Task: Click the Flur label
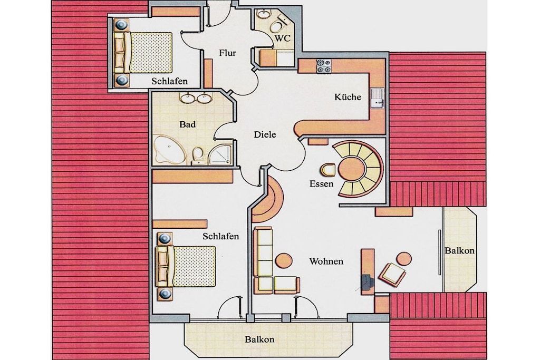tap(227, 53)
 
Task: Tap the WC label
tap(283, 38)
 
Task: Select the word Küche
tap(348, 97)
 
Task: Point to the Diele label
tap(265, 134)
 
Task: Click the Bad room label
tap(187, 124)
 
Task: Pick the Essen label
tap(321, 184)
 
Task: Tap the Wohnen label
tap(326, 261)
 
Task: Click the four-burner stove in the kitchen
tap(324, 66)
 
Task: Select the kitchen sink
tap(378, 99)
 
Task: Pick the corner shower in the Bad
tap(220, 154)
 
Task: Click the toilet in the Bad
tap(198, 154)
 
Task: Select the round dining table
tap(351, 169)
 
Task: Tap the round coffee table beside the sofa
tap(284, 260)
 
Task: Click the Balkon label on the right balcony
tap(459, 250)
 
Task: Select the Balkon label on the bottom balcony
tap(259, 339)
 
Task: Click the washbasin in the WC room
tap(264, 14)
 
